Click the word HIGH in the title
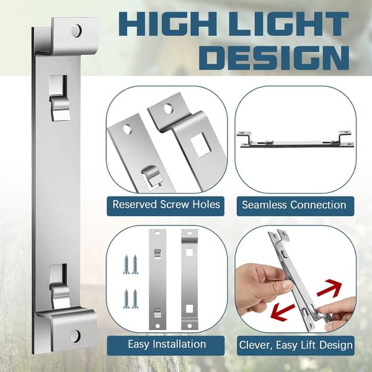[167, 24]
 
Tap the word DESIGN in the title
[274, 58]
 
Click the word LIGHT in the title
[289, 24]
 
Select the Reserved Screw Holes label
[166, 205]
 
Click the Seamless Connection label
[294, 205]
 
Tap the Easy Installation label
[167, 344]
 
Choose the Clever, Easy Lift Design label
[296, 345]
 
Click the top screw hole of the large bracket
[76, 30]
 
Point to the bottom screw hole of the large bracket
[75, 336]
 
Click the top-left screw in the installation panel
[126, 264]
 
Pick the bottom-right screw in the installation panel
[135, 299]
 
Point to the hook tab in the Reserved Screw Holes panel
[151, 177]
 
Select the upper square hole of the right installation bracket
[189, 252]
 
